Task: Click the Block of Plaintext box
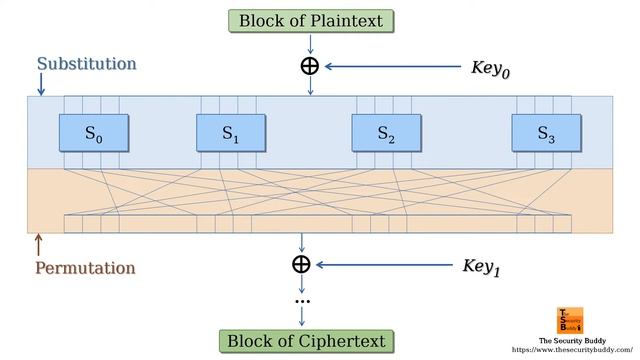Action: click(310, 20)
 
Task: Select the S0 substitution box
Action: click(93, 132)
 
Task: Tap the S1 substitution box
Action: click(230, 132)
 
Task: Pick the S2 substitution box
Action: click(386, 132)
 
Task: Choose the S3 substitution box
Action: click(546, 132)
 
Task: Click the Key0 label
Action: click(497, 69)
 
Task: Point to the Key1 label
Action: click(481, 267)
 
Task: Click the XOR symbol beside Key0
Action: click(310, 66)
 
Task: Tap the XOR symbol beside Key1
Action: click(301, 264)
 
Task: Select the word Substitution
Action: click(86, 64)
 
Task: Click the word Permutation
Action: click(85, 268)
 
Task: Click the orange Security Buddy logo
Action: click(571, 320)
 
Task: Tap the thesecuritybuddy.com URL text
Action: click(573, 350)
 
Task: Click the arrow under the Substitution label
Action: click(39, 87)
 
